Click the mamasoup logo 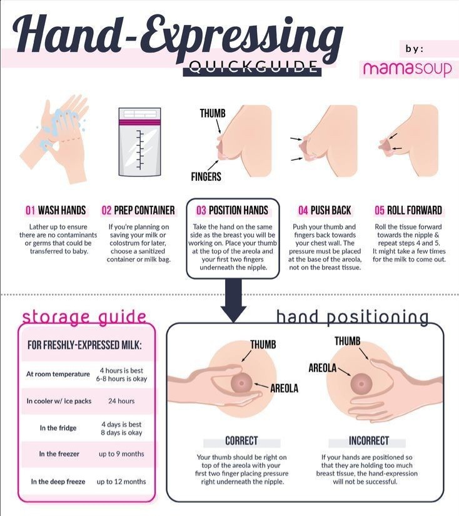tap(407, 68)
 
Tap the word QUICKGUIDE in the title tap(253, 68)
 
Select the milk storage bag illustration tap(140, 142)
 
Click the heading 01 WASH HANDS tap(56, 210)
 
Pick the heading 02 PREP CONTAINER tap(138, 210)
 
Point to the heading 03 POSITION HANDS tap(232, 210)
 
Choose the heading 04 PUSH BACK tap(325, 210)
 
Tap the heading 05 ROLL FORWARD tap(408, 210)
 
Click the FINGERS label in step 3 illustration tap(206, 177)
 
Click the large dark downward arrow tap(233, 301)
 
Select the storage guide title tap(84, 317)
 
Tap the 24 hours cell tap(121, 401)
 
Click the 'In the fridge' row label tap(58, 428)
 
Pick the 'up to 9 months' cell tap(121, 454)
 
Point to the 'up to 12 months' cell tap(121, 482)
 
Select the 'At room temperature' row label tap(58, 374)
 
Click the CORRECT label tap(241, 441)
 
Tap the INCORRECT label tap(369, 441)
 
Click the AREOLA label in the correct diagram tap(285, 388)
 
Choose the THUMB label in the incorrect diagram tap(348, 341)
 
